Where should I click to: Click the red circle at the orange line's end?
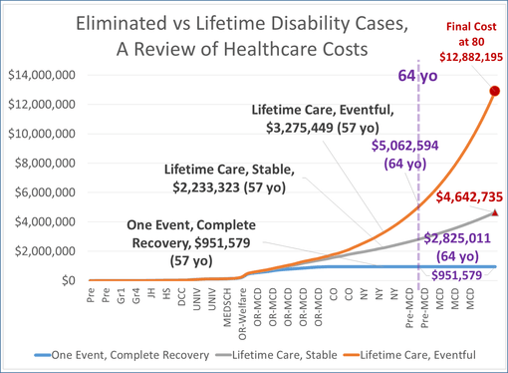point(495,92)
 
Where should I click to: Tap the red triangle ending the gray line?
point(495,212)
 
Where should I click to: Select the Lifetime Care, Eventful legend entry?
point(421,354)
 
